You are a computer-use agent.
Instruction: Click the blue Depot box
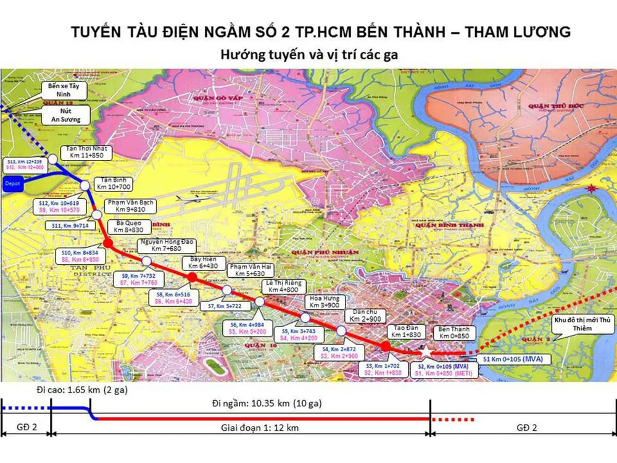(12, 183)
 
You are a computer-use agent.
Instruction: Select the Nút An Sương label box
(66, 115)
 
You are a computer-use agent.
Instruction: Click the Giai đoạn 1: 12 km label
(260, 428)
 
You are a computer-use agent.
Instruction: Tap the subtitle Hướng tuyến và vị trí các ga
(308, 54)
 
